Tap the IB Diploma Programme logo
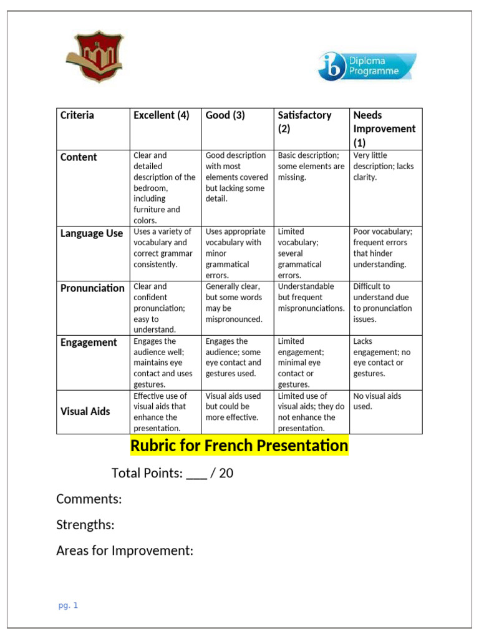click(x=367, y=67)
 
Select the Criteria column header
click(x=77, y=115)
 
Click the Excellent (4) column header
click(x=161, y=115)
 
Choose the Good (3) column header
click(x=225, y=115)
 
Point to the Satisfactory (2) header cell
click(x=304, y=122)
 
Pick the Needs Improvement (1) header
click(x=384, y=129)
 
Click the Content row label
click(x=79, y=157)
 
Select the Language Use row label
click(x=92, y=233)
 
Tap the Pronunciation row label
click(x=92, y=288)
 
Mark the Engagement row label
click(x=89, y=343)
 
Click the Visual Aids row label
click(x=85, y=411)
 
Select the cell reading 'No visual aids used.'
click(x=377, y=401)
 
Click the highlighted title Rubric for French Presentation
click(x=239, y=446)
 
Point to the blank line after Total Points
click(x=196, y=474)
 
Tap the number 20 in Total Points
click(x=226, y=473)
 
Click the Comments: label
click(x=89, y=499)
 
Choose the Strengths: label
click(x=85, y=525)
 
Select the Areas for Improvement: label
click(x=125, y=550)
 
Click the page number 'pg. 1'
click(x=68, y=605)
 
